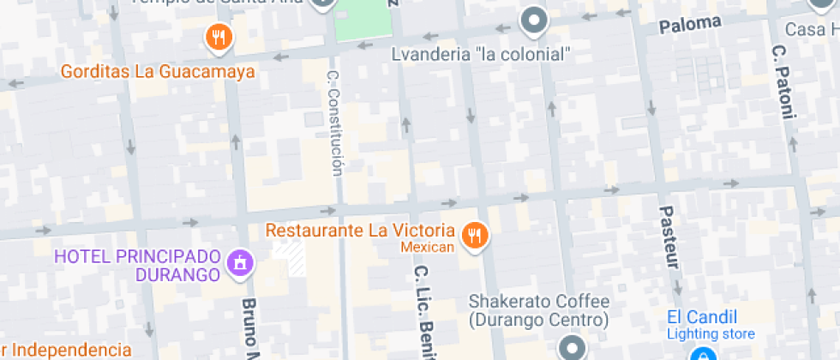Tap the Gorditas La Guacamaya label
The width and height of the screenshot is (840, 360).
pos(158,71)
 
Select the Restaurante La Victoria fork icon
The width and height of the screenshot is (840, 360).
pos(473,234)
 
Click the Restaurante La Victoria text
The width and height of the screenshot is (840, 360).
pos(360,231)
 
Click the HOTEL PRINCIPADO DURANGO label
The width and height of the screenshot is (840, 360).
pos(137,266)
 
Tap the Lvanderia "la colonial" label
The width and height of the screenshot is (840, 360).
pos(480,54)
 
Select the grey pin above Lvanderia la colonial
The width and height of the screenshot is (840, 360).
pos(535,21)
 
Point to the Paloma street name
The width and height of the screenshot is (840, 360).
pos(690,25)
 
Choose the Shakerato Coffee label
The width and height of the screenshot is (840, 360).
pos(539,311)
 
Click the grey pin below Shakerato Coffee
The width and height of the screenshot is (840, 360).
pos(572,348)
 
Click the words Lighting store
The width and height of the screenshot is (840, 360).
pos(711,334)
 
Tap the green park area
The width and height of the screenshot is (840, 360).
pos(363,20)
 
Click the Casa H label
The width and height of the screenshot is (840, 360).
pos(815,30)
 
